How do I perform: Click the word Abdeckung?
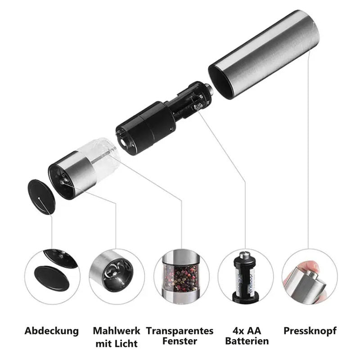click(51, 331)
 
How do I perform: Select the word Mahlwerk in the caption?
click(117, 331)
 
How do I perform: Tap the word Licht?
click(126, 344)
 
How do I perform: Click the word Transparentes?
click(180, 331)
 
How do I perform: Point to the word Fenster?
click(180, 341)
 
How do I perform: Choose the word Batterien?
click(247, 341)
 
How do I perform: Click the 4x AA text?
click(247, 331)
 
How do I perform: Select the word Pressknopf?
click(310, 331)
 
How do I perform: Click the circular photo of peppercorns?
click(181, 277)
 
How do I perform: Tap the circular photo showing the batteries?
click(245, 277)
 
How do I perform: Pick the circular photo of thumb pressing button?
click(310, 277)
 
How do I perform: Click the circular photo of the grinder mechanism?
click(117, 277)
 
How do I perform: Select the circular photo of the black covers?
click(52, 277)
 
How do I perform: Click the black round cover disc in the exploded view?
click(41, 197)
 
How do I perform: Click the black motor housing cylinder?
click(146, 128)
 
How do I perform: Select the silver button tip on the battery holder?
click(209, 89)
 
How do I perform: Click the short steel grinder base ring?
click(72, 175)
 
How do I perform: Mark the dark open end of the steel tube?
click(221, 82)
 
